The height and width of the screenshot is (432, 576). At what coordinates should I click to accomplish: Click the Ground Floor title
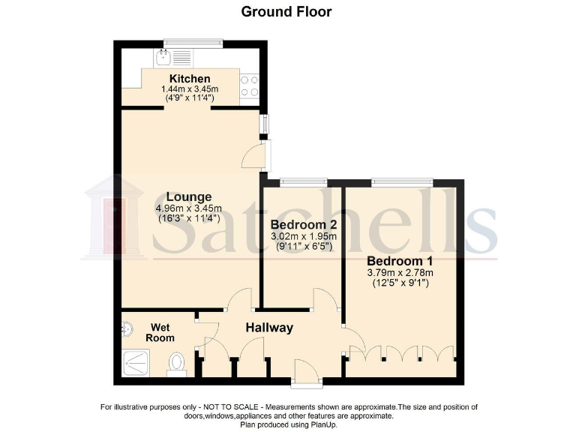pyautogui.click(x=286, y=11)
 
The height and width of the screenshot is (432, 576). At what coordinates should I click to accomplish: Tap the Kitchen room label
pyautogui.click(x=190, y=79)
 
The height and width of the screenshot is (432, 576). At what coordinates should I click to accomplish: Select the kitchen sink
pyautogui.click(x=163, y=58)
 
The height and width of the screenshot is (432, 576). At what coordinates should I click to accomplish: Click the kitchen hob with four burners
pyautogui.click(x=250, y=86)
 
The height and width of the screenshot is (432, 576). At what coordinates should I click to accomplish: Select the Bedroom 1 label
pyautogui.click(x=399, y=261)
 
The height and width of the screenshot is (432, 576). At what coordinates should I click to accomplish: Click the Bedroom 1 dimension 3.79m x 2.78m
pyautogui.click(x=399, y=272)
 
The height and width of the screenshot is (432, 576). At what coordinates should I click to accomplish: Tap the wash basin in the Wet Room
pyautogui.click(x=125, y=328)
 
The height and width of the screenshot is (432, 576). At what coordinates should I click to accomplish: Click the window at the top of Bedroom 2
pyautogui.click(x=303, y=181)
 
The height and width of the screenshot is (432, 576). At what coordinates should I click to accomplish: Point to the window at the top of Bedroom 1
pyautogui.click(x=401, y=181)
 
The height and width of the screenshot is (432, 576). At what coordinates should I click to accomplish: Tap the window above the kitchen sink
pyautogui.click(x=193, y=43)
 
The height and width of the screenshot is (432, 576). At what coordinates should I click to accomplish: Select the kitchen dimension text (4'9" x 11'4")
pyautogui.click(x=190, y=97)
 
